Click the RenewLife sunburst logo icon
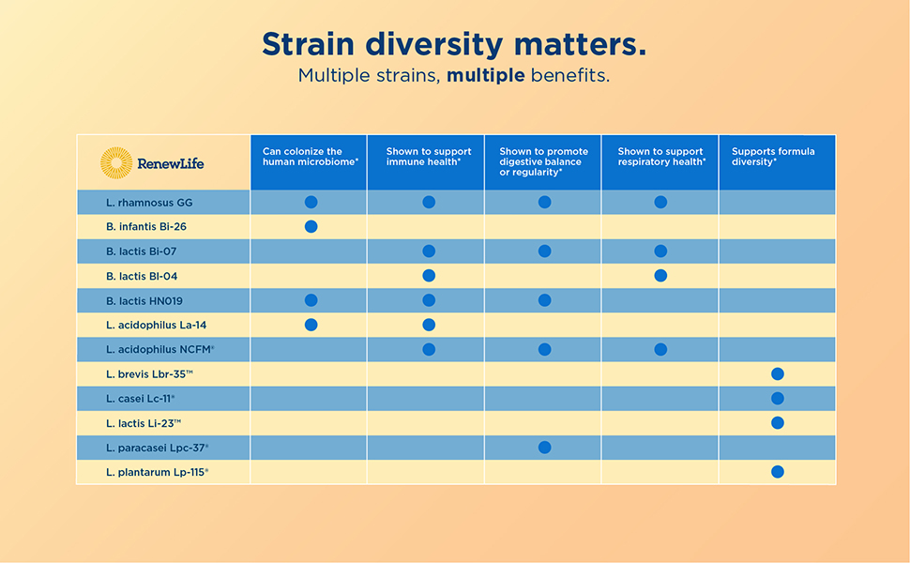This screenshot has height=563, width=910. (x=116, y=162)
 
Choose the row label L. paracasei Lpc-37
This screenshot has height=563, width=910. (x=157, y=448)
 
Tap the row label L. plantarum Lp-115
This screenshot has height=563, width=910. (x=157, y=472)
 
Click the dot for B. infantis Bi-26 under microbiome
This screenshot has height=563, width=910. (x=311, y=227)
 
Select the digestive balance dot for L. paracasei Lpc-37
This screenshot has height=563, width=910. (x=544, y=448)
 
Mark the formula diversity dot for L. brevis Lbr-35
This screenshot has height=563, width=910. (x=777, y=374)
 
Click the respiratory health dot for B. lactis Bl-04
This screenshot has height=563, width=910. (x=660, y=276)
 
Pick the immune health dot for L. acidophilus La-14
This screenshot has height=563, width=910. (x=429, y=325)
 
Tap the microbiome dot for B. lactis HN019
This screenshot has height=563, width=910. (x=311, y=300)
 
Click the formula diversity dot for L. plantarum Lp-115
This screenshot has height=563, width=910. (x=777, y=472)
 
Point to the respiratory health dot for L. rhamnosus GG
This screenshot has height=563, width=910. (x=660, y=202)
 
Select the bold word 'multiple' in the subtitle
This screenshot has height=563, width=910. (x=485, y=75)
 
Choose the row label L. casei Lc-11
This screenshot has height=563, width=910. (x=141, y=399)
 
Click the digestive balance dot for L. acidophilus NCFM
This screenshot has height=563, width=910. (x=544, y=350)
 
